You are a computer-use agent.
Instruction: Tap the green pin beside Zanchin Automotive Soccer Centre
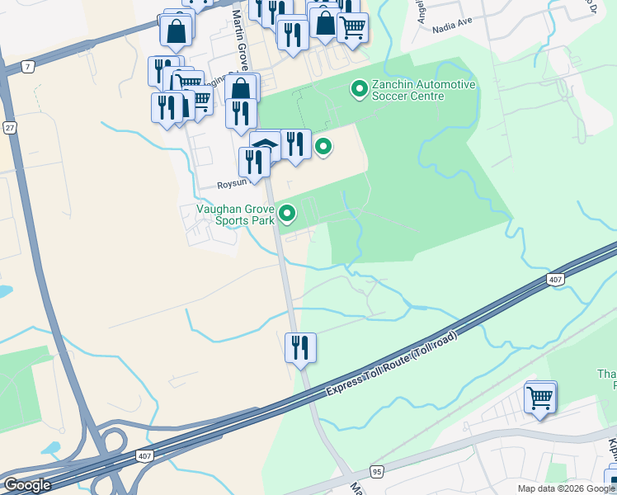(x=359, y=87)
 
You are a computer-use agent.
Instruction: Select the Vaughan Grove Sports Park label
(x=234, y=214)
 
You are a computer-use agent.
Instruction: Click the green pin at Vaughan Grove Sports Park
(x=287, y=214)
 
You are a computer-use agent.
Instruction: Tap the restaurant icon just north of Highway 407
(x=300, y=346)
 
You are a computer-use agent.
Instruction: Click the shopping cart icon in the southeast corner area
(x=540, y=397)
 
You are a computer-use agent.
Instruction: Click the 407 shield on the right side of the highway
(x=556, y=280)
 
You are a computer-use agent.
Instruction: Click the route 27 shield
(x=10, y=128)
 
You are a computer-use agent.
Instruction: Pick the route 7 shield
(x=29, y=66)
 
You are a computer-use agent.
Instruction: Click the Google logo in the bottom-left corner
(x=26, y=485)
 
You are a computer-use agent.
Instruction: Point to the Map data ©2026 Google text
(x=565, y=488)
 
